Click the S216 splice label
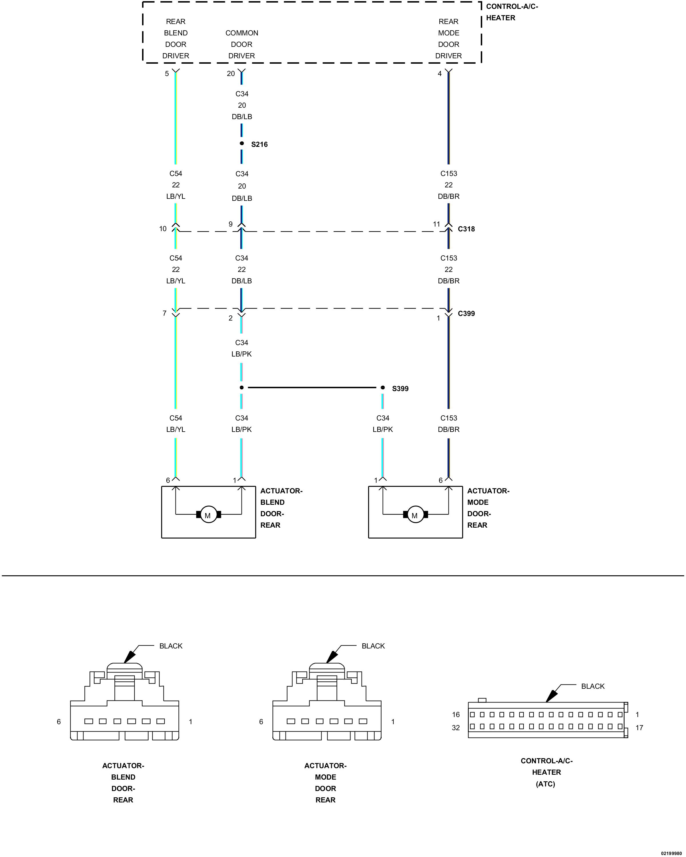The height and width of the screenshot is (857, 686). pos(259,144)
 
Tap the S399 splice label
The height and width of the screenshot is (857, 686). pos(400,388)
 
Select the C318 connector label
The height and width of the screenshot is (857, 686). pos(466,229)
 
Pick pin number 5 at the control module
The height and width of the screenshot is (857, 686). pos(167,73)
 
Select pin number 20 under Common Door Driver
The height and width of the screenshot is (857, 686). pos(231,73)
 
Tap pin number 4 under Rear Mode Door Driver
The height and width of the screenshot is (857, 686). pos(439,73)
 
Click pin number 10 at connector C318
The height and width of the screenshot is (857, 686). pos(163,229)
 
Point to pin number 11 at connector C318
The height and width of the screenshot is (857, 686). pos(436,224)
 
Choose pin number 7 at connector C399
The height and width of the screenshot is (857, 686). pos(164,313)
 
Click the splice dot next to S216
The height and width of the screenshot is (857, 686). pos(242,143)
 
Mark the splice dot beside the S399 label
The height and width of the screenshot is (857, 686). pos(382,387)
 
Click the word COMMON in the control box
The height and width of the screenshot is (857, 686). pos(242,33)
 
